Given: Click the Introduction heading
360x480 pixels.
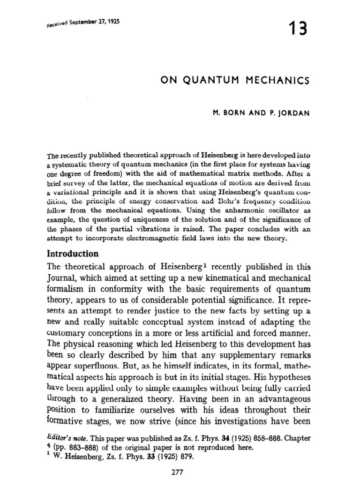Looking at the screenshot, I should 72,254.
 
